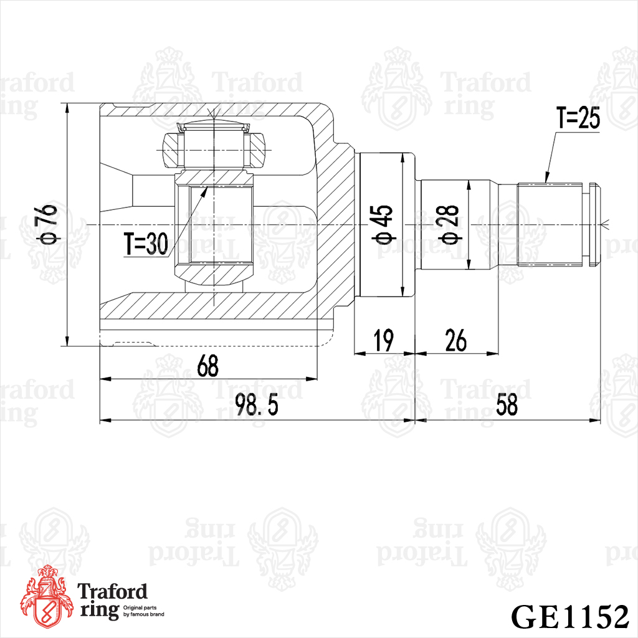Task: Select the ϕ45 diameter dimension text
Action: click(x=384, y=225)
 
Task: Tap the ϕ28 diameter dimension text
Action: click(x=449, y=225)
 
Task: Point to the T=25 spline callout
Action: click(x=578, y=118)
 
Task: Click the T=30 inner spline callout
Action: click(x=146, y=244)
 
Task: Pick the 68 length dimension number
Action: click(x=207, y=365)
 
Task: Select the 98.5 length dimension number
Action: click(x=257, y=405)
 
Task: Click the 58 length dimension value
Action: click(x=507, y=405)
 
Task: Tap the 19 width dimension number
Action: click(x=384, y=341)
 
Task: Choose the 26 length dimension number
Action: click(x=455, y=341)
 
